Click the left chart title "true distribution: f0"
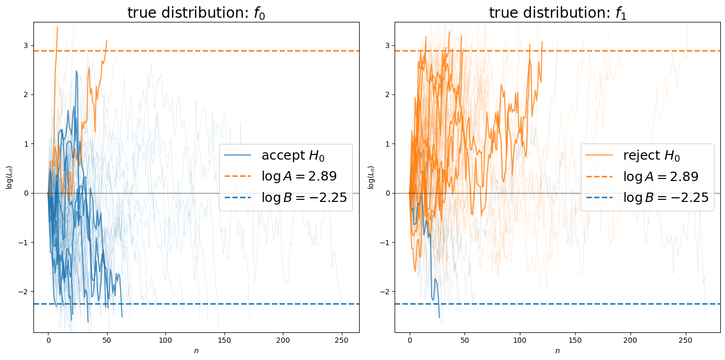click(196, 13)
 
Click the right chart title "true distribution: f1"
click(557, 13)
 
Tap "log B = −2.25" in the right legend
click(665, 198)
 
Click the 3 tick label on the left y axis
click(28, 45)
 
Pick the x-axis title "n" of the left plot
click(196, 351)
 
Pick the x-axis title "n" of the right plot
click(557, 351)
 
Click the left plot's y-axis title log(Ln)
click(9, 177)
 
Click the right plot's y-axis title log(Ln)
click(370, 177)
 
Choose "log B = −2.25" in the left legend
click(304, 198)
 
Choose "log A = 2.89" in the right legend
click(661, 176)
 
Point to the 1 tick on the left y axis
click(28, 144)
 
